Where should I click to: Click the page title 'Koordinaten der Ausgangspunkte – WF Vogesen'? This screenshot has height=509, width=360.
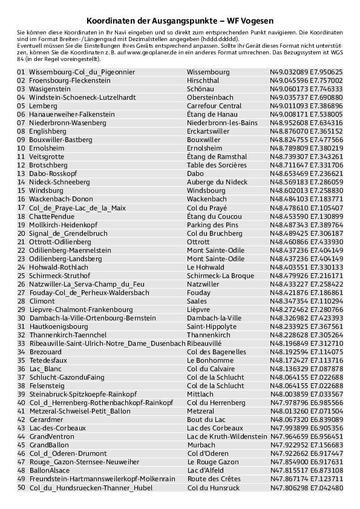(180, 20)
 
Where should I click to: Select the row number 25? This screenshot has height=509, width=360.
(21, 275)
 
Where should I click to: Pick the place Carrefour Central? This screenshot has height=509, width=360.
(214, 106)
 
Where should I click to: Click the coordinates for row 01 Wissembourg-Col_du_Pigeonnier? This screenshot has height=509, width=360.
(306, 72)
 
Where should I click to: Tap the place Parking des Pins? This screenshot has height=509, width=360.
(213, 224)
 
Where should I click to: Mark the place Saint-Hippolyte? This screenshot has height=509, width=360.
(212, 326)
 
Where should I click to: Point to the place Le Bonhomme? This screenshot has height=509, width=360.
(210, 360)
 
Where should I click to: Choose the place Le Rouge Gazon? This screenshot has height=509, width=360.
(214, 461)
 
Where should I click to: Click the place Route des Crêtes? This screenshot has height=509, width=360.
(214, 478)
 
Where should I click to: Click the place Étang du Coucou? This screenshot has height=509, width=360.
(215, 216)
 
